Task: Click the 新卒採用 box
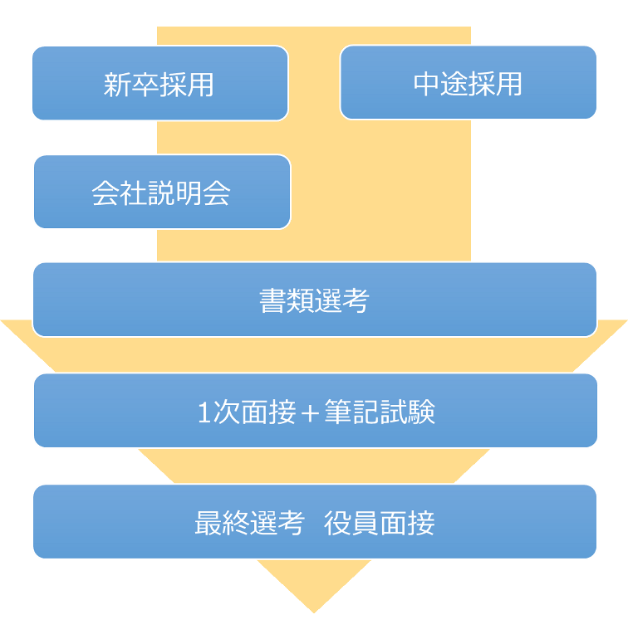pyautogui.click(x=160, y=83)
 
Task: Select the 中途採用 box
pyautogui.click(x=468, y=82)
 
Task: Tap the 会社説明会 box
pyautogui.click(x=163, y=192)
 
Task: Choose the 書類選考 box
pyautogui.click(x=315, y=300)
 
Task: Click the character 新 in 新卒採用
pyautogui.click(x=117, y=85)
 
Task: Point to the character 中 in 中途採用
pyautogui.click(x=426, y=84)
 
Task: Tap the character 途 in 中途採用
pyautogui.click(x=454, y=84)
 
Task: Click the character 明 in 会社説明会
pyautogui.click(x=189, y=193)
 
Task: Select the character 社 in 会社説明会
pyautogui.click(x=133, y=193)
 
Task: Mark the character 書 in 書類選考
pyautogui.click(x=272, y=300)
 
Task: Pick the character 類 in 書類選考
pyautogui.click(x=300, y=300)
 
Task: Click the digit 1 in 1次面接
pyautogui.click(x=204, y=412)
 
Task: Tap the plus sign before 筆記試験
pyautogui.click(x=310, y=412)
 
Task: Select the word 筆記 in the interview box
pyautogui.click(x=351, y=412)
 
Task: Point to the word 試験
pyautogui.click(x=407, y=412)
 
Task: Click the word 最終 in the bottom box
pyautogui.click(x=222, y=523)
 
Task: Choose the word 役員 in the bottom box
pyautogui.click(x=351, y=523)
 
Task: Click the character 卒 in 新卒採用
pyautogui.click(x=145, y=85)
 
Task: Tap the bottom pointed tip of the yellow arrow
pyautogui.click(x=314, y=612)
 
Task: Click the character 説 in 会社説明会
pyautogui.click(x=161, y=193)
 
